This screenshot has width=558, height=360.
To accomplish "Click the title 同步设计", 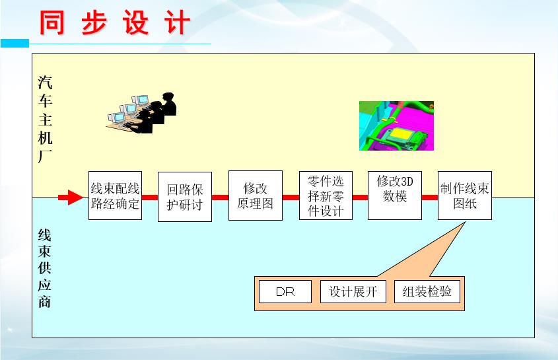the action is tap(115, 23).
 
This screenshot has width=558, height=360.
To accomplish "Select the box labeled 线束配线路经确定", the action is tap(115, 196).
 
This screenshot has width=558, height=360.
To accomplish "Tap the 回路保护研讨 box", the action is tap(185, 197).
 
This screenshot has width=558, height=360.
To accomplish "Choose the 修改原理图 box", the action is tap(255, 196).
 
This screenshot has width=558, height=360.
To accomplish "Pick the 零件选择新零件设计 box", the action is tap(326, 196).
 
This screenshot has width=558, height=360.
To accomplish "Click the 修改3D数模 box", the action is tap(395, 196).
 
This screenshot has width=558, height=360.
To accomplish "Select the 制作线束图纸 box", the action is tap(465, 196).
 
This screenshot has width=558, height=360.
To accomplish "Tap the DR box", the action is tap(285, 291).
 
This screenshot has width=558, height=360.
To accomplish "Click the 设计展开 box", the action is tap(353, 291).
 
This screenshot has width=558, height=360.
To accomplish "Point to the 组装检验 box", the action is tap(427, 291).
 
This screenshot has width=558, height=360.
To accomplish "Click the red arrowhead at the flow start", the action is tap(75, 198).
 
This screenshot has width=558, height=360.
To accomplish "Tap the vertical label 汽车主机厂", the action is tap(45, 120).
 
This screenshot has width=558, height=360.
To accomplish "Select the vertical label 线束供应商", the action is tap(45, 268).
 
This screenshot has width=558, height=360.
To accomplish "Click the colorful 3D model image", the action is tap(396, 126).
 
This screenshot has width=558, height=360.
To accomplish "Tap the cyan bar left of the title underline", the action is tap(15, 43).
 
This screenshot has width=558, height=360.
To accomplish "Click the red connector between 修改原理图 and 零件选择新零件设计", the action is tap(291, 198).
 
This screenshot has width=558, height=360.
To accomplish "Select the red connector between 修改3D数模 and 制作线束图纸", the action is tap(430, 198).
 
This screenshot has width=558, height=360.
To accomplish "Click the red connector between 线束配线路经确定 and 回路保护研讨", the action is tap(150, 198).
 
